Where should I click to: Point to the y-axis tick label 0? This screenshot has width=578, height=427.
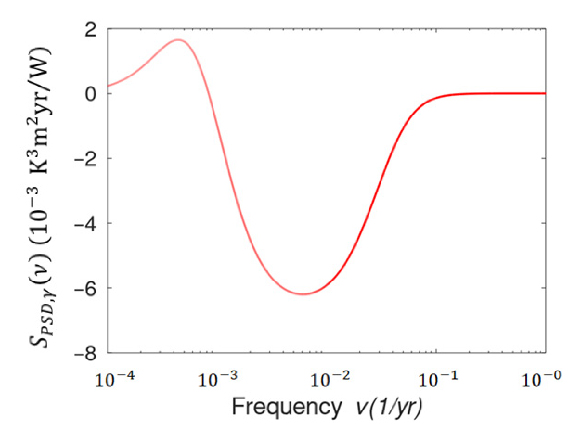(90, 94)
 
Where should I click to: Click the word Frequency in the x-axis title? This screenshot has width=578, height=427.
(286, 407)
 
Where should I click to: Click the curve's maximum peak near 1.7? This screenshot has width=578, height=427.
(178, 40)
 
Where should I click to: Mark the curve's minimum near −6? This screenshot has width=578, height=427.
(303, 294)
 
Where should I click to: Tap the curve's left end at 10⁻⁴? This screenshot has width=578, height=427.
(108, 85)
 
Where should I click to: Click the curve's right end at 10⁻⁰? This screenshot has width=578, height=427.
(545, 93)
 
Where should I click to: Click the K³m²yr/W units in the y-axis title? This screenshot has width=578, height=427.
(40, 111)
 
